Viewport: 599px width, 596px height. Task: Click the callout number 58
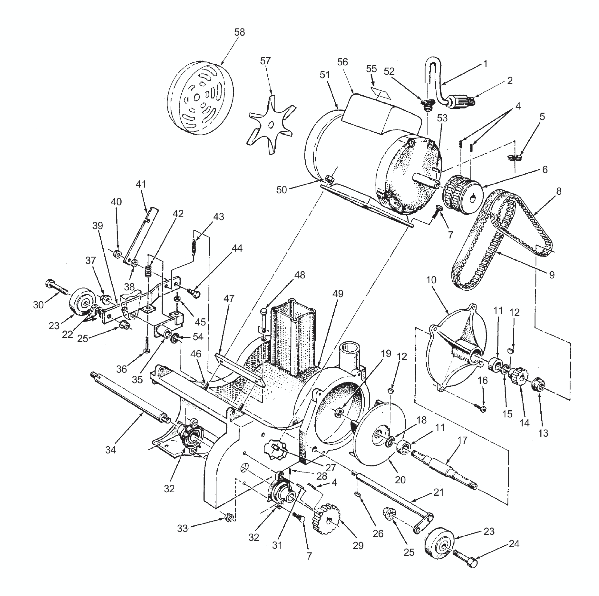(x=239, y=32)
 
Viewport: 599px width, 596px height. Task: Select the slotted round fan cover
(x=201, y=99)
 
